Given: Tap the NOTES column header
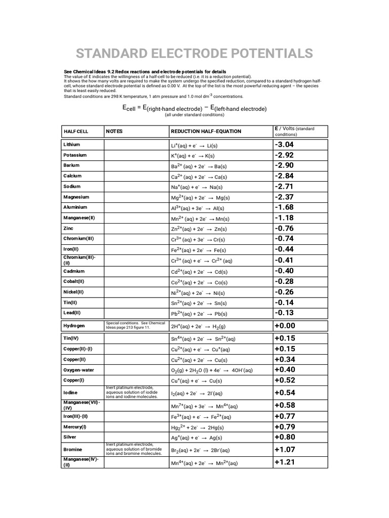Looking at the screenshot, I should pyautogui.click(x=114, y=132).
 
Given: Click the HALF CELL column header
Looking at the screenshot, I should pyautogui.click(x=75, y=132).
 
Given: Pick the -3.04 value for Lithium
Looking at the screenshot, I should pyautogui.click(x=284, y=145).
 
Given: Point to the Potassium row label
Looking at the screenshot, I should pyautogui.click(x=75, y=155).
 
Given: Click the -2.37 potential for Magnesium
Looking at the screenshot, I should pyautogui.click(x=284, y=197).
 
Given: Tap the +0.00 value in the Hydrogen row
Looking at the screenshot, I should pyautogui.click(x=284, y=326).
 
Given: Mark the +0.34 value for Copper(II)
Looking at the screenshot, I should pyautogui.click(x=284, y=359).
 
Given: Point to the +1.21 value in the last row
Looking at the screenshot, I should pyautogui.click(x=284, y=462).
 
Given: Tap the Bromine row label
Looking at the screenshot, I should pyautogui.click(x=72, y=449).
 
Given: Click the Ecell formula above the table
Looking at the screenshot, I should pyautogui.click(x=194, y=108).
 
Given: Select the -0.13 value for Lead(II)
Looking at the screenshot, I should pyautogui.click(x=284, y=313).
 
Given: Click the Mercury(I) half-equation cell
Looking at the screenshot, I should pyautogui.click(x=199, y=427).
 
